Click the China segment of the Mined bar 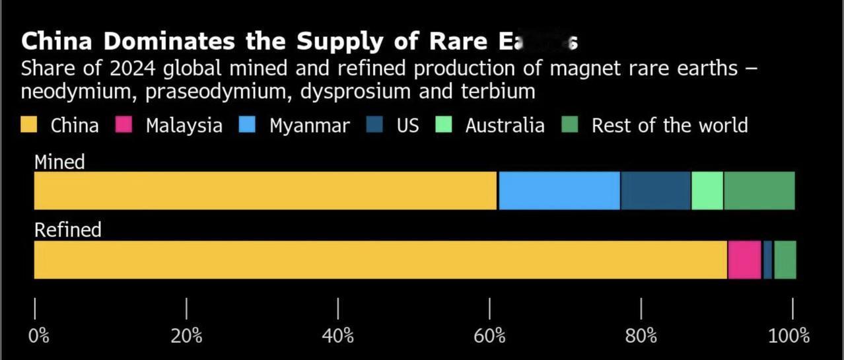pyautogui.click(x=264, y=191)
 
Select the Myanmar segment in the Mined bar pyautogui.click(x=559, y=191)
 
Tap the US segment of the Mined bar pyautogui.click(x=655, y=191)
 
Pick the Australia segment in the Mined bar pyautogui.click(x=707, y=191)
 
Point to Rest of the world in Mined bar pyautogui.click(x=759, y=191)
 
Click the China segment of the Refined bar pyautogui.click(x=380, y=260)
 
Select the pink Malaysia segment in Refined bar pyautogui.click(x=744, y=260)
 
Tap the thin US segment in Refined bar pyautogui.click(x=767, y=260)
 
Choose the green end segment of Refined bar pyautogui.click(x=785, y=260)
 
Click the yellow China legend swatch pyautogui.click(x=29, y=125)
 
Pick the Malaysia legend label pyautogui.click(x=184, y=126)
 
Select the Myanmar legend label pyautogui.click(x=309, y=126)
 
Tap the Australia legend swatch pyautogui.click(x=444, y=125)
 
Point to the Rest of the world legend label pyautogui.click(x=669, y=126)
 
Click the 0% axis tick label pyautogui.click(x=38, y=336)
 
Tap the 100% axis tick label pyautogui.click(x=789, y=336)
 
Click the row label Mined pyautogui.click(x=59, y=162)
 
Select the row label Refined pyautogui.click(x=67, y=230)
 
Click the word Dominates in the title pyautogui.click(x=167, y=42)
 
